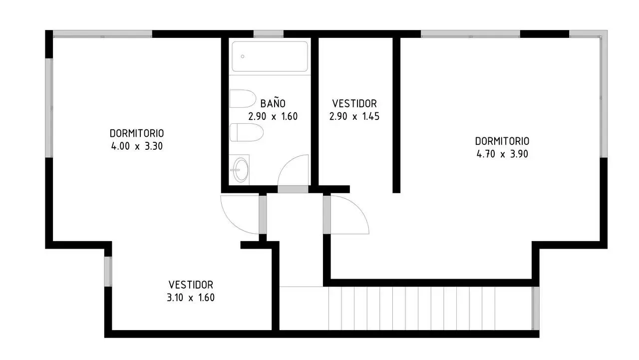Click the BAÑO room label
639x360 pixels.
click(273, 103)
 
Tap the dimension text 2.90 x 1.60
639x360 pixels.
click(273, 116)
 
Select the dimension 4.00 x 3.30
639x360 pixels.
click(137, 146)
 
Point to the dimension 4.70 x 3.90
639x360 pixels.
click(502, 154)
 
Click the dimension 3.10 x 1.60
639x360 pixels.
click(191, 298)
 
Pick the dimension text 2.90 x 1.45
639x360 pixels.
click(354, 116)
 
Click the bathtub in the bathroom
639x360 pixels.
click(270, 56)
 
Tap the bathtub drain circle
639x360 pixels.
click(243, 56)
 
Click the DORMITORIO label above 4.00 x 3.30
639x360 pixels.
click(137, 133)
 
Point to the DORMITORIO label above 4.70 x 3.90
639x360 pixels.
click(502, 141)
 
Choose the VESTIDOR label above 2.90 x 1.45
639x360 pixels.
click(354, 103)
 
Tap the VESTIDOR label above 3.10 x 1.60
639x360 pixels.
click(191, 285)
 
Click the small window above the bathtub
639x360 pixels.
click(269, 34)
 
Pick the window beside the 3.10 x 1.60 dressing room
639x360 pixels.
click(108, 272)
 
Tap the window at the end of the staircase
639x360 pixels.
click(536, 308)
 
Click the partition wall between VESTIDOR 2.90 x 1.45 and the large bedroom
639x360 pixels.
click(396, 115)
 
